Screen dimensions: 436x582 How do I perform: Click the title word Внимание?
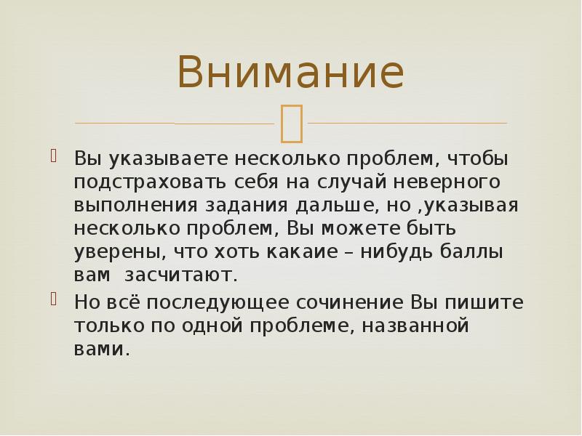290,73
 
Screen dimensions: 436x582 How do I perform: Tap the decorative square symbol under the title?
291,122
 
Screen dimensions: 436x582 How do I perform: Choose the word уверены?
116,253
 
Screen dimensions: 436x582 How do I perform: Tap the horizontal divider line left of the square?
175,124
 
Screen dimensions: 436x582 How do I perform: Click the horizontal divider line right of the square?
407,124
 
